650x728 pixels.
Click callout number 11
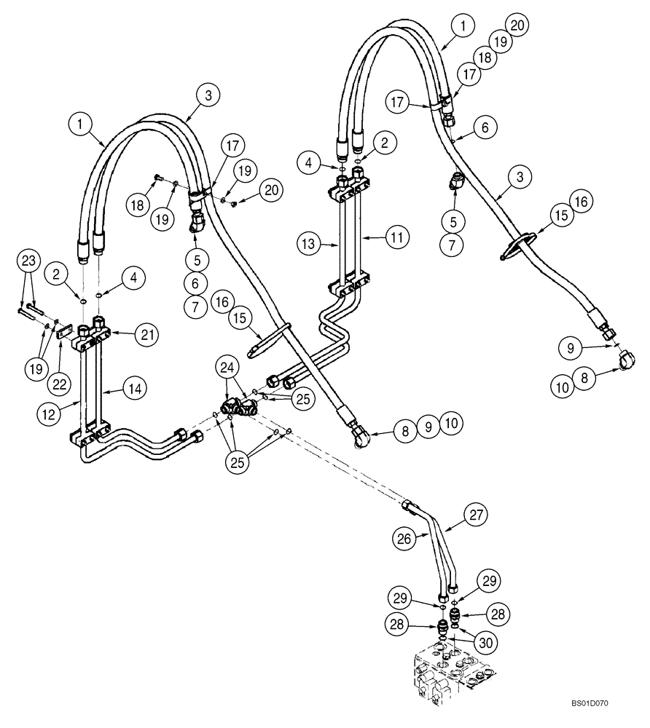click(377, 237)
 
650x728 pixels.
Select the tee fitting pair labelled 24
click(238, 408)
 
